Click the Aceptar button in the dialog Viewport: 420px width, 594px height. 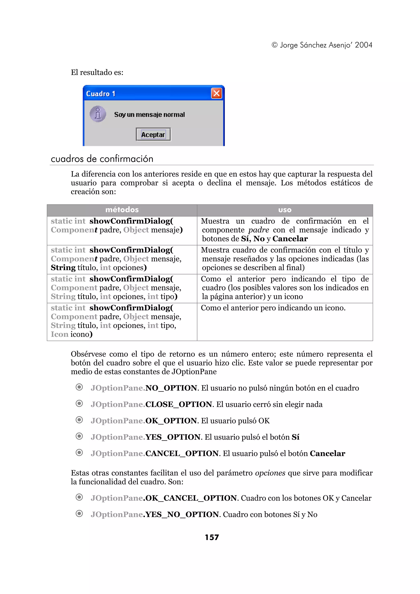pos(153,134)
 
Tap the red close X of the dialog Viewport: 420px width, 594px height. pos(217,93)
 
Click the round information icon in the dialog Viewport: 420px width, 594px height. pos(98,114)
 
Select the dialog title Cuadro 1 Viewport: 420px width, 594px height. pos(101,94)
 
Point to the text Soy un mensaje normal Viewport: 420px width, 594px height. pos(150,115)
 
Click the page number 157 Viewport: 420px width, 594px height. pos(212,537)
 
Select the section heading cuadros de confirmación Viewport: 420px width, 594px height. pos(102,159)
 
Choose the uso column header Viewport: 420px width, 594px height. pos(285,210)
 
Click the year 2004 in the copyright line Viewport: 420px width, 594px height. pos(364,45)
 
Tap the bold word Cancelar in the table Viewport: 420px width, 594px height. pos(290,239)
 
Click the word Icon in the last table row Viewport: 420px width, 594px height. pos(59,334)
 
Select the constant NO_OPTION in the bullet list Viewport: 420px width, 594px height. pos(171,388)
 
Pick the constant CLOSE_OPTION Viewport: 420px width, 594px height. pos(179,404)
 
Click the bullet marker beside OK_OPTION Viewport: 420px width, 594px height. pos(79,420)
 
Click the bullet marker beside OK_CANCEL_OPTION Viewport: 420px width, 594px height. pos(79,497)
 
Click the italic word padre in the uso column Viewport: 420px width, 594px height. pos(259,230)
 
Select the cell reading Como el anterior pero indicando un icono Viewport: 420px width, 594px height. pos(273,308)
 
